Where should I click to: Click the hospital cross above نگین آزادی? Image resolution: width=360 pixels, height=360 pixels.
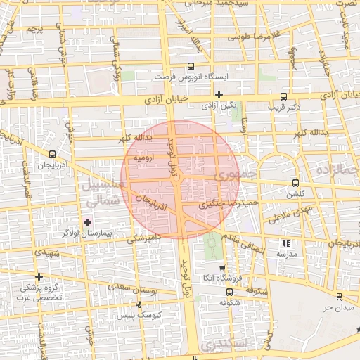tap(219, 94)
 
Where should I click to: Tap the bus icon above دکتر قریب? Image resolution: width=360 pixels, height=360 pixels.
tap(284, 96)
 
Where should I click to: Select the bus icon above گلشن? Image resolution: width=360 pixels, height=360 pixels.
tap(295, 183)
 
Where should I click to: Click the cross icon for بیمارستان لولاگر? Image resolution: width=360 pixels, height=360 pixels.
tap(86, 221)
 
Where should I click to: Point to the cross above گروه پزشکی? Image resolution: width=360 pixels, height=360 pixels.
tap(39, 276)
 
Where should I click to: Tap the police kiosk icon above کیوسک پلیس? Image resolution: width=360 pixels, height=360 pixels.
tap(139, 304)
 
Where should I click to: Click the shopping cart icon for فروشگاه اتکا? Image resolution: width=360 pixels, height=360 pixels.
tap(222, 267)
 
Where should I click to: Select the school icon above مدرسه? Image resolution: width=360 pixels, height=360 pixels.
tap(286, 243)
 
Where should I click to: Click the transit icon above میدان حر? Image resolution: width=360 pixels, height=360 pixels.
tap(340, 297)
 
